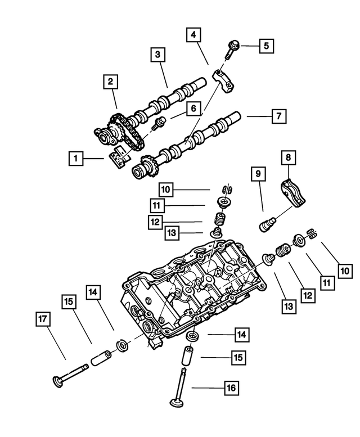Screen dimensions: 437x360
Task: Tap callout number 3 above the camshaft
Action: tap(158, 55)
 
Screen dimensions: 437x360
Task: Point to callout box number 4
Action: tap(193, 35)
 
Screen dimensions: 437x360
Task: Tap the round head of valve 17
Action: tap(58, 382)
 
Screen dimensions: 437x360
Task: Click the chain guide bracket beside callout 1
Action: tap(118, 158)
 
